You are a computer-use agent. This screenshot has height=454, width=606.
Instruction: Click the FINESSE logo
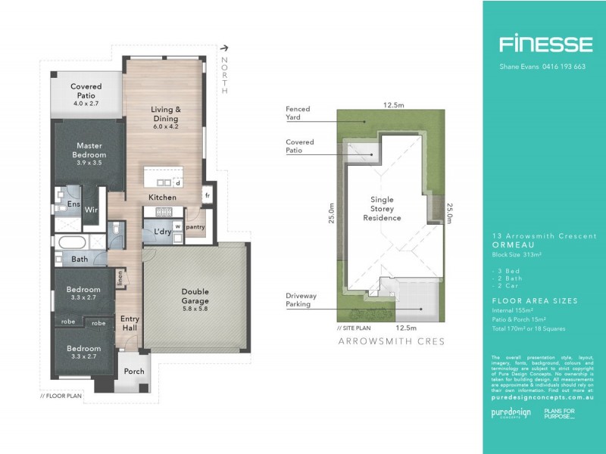545,44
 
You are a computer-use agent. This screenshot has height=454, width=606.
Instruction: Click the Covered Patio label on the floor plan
86,92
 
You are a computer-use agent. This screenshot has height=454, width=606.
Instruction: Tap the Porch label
134,371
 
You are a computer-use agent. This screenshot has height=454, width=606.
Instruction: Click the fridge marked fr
207,195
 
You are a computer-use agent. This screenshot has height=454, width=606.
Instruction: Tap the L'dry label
161,232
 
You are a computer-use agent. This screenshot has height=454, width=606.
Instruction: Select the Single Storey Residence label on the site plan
386,209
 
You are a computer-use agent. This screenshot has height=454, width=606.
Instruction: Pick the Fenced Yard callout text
298,113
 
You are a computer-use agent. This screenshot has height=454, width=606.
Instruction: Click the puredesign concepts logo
511,414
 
